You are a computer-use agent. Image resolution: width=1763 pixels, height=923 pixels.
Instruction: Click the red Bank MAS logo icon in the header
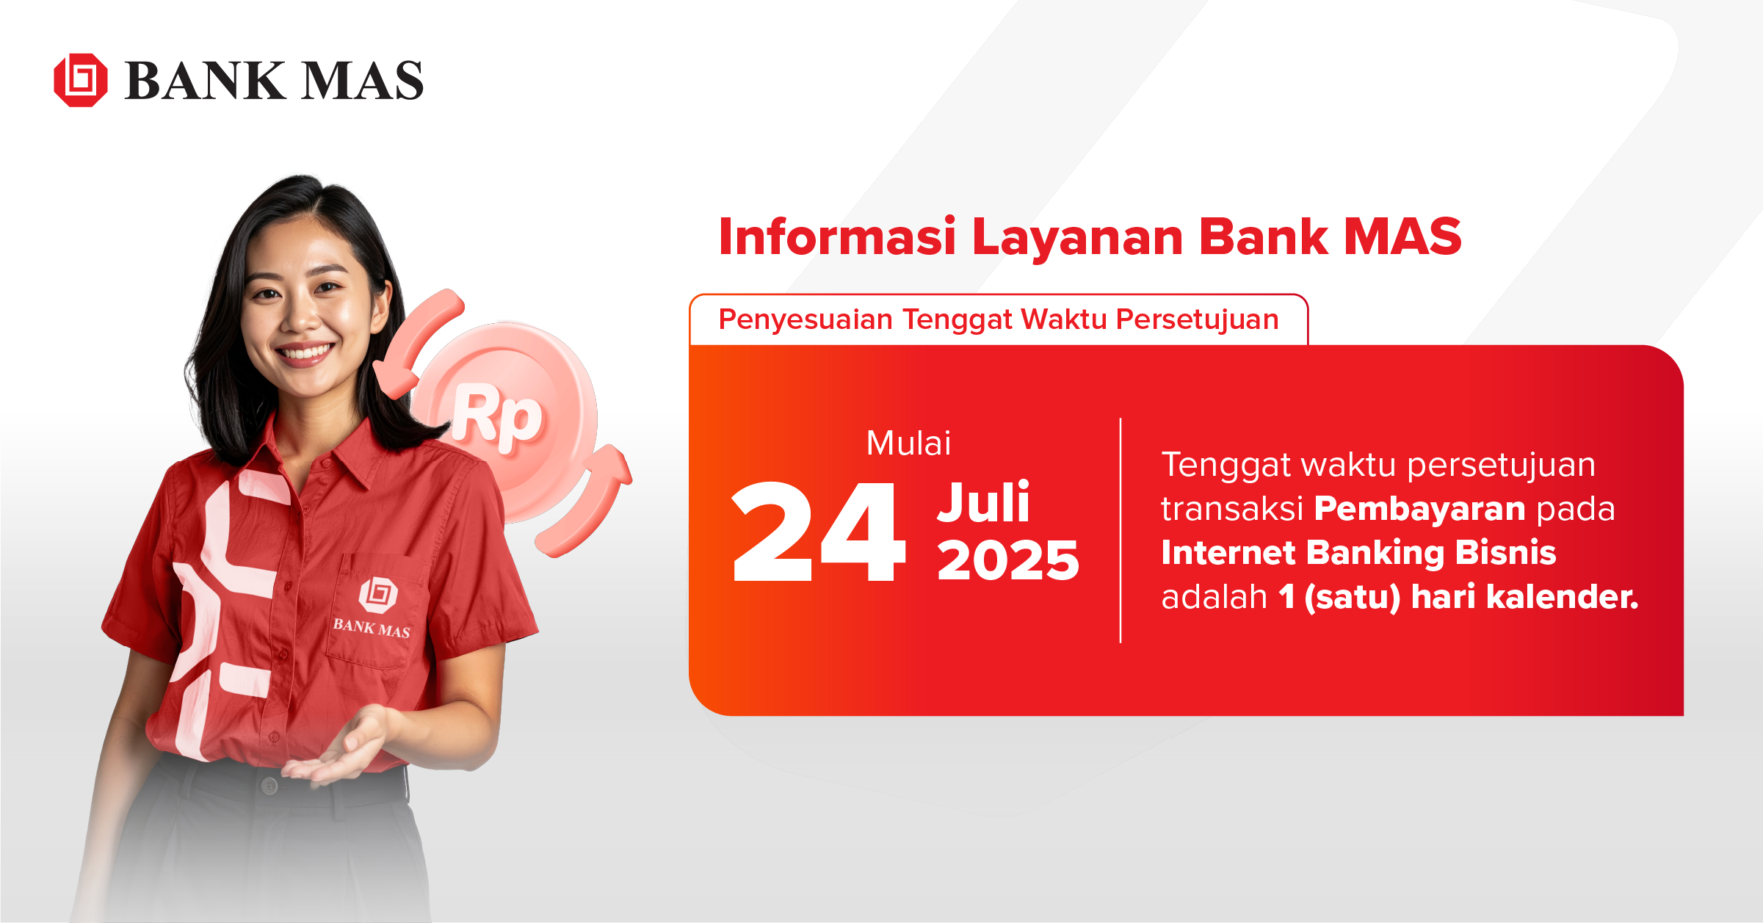coord(81,80)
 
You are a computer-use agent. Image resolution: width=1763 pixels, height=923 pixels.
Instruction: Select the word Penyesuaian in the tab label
coord(806,320)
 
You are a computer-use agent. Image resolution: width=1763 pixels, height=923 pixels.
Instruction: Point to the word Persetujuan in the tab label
coord(1197,320)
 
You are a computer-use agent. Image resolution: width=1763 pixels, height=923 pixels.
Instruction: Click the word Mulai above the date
coord(908,444)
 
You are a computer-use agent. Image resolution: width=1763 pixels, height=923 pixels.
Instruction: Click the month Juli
coord(984,503)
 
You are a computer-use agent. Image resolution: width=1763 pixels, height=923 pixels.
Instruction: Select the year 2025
coord(1007,561)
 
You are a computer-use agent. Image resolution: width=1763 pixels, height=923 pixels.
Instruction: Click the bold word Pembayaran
coord(1419,509)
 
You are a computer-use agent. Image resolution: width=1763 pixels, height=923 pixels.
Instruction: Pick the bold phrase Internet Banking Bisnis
coord(1358,553)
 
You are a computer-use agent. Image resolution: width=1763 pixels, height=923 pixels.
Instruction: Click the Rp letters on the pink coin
coord(498,416)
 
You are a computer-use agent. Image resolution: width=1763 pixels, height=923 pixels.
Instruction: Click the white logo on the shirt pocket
coord(378,594)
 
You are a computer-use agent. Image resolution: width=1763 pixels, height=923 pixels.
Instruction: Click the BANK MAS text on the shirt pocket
coord(372,628)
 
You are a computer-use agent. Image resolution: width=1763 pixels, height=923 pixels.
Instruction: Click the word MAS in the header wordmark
coord(363,81)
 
